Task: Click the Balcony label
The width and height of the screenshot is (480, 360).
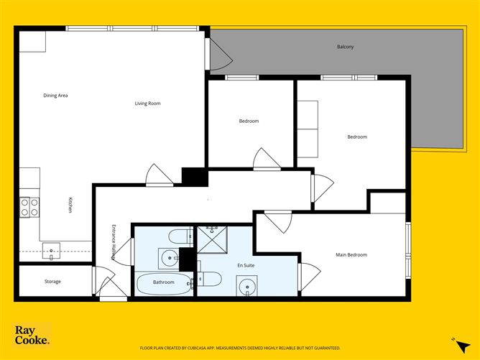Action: (345, 47)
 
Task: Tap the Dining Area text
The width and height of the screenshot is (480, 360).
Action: (55, 95)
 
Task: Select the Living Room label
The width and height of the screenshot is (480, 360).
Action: (147, 103)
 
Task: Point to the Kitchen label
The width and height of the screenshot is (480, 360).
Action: (70, 205)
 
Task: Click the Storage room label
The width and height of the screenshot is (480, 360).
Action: (52, 281)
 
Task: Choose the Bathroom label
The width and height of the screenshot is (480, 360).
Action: (163, 282)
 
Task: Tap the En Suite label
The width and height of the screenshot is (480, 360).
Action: (246, 265)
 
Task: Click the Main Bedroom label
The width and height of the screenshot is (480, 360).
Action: (351, 254)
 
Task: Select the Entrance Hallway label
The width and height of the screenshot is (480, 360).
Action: (114, 242)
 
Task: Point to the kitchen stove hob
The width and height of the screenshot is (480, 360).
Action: (29, 207)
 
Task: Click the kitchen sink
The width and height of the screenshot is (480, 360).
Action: (52, 251)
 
